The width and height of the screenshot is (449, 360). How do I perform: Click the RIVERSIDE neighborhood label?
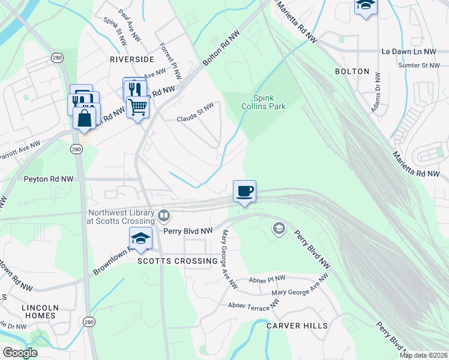(131, 59)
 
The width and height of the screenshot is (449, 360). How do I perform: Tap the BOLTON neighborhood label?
(352, 71)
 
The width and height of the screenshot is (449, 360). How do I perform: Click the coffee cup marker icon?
(244, 191)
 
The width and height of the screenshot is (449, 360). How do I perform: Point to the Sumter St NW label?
(420, 65)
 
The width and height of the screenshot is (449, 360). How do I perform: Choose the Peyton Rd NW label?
(49, 179)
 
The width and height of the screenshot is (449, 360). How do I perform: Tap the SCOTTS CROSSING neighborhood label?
(177, 261)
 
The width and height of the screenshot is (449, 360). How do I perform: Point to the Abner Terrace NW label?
(254, 306)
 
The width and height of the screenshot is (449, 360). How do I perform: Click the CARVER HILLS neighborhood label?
(297, 326)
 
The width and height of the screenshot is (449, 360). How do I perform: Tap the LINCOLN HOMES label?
(39, 311)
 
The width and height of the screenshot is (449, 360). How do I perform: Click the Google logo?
(20, 353)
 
